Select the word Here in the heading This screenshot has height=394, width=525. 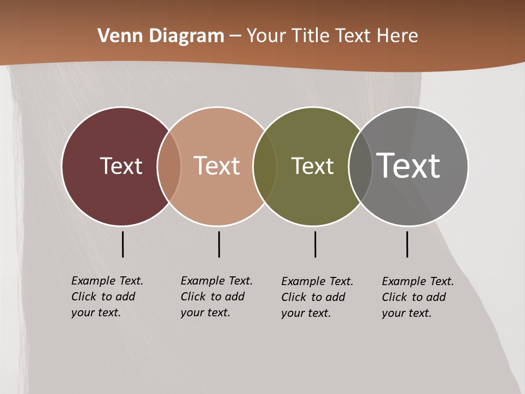(398, 36)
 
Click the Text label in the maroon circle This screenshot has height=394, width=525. (121, 166)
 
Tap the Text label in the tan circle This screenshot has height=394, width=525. (217, 166)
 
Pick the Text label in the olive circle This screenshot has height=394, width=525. (312, 166)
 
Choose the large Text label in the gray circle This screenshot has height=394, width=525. (409, 166)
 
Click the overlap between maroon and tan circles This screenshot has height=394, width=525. (169, 166)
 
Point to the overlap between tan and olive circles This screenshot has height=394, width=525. (265, 166)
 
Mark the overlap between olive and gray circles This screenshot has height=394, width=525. (360, 166)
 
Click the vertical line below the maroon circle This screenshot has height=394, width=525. (122, 244)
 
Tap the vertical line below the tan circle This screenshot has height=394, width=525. (219, 244)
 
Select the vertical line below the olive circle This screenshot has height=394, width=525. (315, 244)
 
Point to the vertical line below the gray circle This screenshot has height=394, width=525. (407, 244)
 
